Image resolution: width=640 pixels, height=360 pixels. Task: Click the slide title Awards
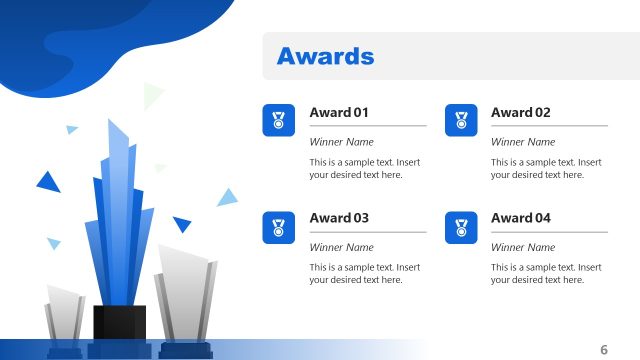325,56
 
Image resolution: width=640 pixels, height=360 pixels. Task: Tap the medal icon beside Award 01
279,121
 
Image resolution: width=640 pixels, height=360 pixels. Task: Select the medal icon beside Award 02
461,121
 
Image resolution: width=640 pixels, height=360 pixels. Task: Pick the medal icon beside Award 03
279,227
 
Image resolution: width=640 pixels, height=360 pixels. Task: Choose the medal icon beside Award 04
461,227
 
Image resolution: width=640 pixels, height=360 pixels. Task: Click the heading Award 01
339,113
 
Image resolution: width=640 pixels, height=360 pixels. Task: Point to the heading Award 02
520,113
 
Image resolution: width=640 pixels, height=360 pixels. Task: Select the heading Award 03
339,218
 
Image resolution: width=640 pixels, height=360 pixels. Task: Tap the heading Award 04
520,218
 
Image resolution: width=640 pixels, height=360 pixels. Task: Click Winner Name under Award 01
341,142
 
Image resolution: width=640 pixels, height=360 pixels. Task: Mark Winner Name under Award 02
522,142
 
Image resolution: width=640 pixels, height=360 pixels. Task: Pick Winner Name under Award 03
341,247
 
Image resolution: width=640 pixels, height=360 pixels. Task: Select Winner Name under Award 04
522,247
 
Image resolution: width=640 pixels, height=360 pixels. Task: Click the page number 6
604,349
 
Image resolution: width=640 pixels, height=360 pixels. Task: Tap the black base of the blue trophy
120,323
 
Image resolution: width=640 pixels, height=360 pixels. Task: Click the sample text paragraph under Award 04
546,273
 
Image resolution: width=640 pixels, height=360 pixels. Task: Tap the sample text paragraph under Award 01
365,168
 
